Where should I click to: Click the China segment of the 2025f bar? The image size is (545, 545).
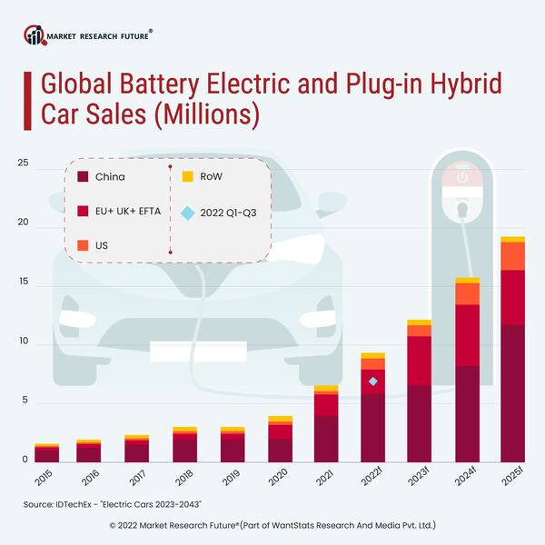(513, 392)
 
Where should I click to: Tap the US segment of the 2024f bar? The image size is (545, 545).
(467, 293)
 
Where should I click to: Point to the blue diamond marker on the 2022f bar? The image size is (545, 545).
(372, 381)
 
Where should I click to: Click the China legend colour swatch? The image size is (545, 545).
(84, 176)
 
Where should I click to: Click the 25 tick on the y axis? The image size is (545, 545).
(23, 164)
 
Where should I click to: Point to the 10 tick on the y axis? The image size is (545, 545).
(23, 342)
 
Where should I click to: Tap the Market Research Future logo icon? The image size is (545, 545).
(35, 36)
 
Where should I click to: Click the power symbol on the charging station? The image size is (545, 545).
(463, 178)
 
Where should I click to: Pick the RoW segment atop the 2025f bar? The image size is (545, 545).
(513, 240)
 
